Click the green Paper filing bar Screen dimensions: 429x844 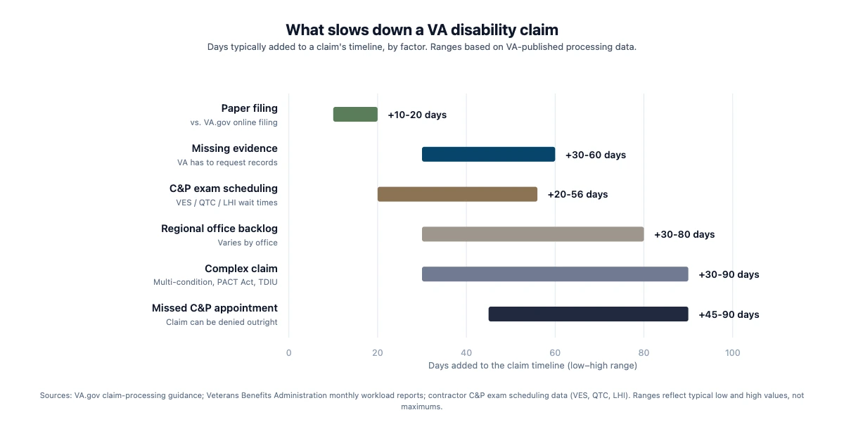tap(355, 114)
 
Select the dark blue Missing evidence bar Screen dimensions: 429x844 tap(488, 154)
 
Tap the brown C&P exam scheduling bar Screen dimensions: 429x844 tap(457, 194)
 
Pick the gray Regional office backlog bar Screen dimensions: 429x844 tap(532, 234)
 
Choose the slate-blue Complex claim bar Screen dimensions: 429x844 tap(555, 274)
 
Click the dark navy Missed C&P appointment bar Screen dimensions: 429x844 tap(588, 314)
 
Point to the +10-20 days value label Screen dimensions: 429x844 tap(417, 115)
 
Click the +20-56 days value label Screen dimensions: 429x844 tap(577, 194)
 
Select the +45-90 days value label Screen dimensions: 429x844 tap(729, 314)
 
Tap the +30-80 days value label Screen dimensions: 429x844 tap(684, 234)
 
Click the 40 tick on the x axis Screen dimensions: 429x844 tap(466, 352)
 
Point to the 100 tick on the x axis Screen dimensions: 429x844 tap(732, 352)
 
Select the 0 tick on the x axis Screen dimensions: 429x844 tap(288, 352)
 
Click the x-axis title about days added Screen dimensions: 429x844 tap(532, 366)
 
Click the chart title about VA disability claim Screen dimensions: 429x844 tap(421, 30)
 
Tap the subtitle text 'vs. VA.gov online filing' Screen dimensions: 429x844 tap(234, 122)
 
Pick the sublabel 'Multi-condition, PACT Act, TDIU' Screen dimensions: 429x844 tap(215, 282)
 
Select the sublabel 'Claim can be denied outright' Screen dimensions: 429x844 tap(222, 322)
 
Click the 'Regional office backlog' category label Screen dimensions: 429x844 tap(219, 229)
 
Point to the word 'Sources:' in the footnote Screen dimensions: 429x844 tap(56, 396)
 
